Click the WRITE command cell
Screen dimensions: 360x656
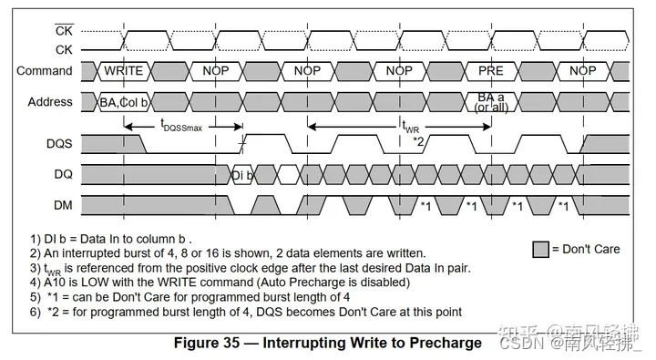(x=124, y=71)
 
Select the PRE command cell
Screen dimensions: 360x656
(x=490, y=71)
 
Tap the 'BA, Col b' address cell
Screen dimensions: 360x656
(x=124, y=103)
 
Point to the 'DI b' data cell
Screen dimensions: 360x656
(x=241, y=175)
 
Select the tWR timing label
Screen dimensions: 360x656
(x=413, y=129)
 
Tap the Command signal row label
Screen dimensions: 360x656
(x=44, y=71)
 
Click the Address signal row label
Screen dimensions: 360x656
(x=46, y=102)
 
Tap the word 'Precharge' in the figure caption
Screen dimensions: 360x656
(x=446, y=343)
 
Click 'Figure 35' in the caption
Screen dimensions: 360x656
(x=209, y=343)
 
